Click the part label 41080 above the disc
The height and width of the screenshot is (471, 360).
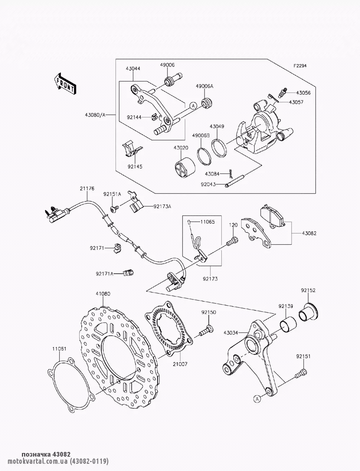tap(103, 294)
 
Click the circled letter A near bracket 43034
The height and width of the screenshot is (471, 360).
tap(257, 398)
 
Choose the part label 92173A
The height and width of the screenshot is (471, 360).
tap(162, 207)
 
